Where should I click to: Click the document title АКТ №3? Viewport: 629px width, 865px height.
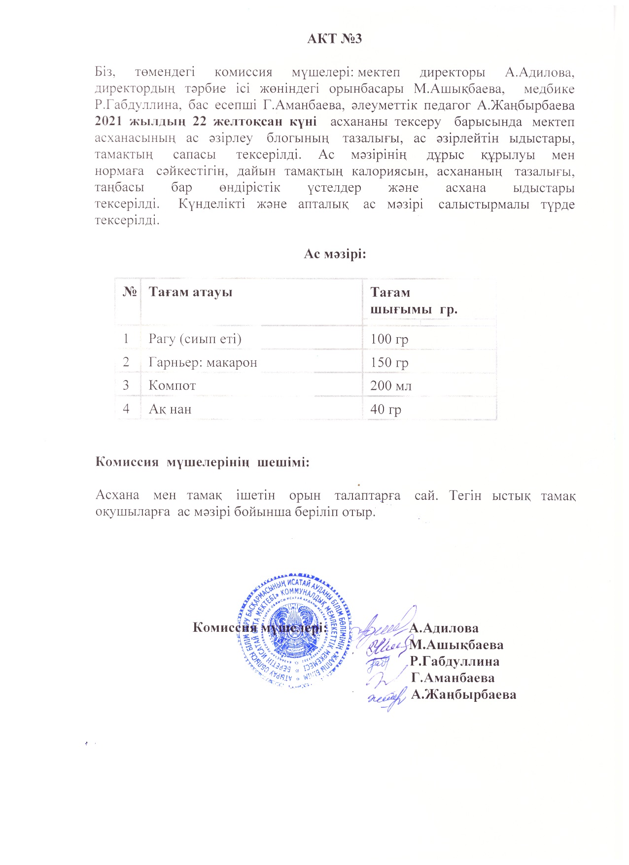[334, 38]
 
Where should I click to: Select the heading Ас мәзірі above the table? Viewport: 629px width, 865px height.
[334, 254]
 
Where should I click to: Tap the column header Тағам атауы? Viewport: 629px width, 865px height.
[190, 292]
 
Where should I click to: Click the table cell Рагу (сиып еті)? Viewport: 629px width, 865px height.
[195, 339]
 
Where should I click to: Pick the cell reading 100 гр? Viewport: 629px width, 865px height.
[389, 339]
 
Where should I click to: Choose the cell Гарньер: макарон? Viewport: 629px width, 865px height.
[203, 363]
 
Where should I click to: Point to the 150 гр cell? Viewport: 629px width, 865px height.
[389, 363]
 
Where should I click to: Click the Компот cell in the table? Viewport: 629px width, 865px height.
[172, 385]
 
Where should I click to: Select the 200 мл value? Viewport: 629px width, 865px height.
[391, 385]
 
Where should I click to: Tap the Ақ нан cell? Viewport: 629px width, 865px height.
[170, 409]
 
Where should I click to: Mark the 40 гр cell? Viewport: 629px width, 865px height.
[385, 409]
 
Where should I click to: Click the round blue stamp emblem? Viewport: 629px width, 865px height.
[296, 630]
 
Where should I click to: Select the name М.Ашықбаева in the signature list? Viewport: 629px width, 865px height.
[456, 645]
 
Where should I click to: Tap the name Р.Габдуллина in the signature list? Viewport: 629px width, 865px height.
[454, 661]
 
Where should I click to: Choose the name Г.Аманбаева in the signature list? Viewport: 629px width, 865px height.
[453, 678]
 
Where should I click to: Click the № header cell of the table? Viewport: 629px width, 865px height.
[129, 292]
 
